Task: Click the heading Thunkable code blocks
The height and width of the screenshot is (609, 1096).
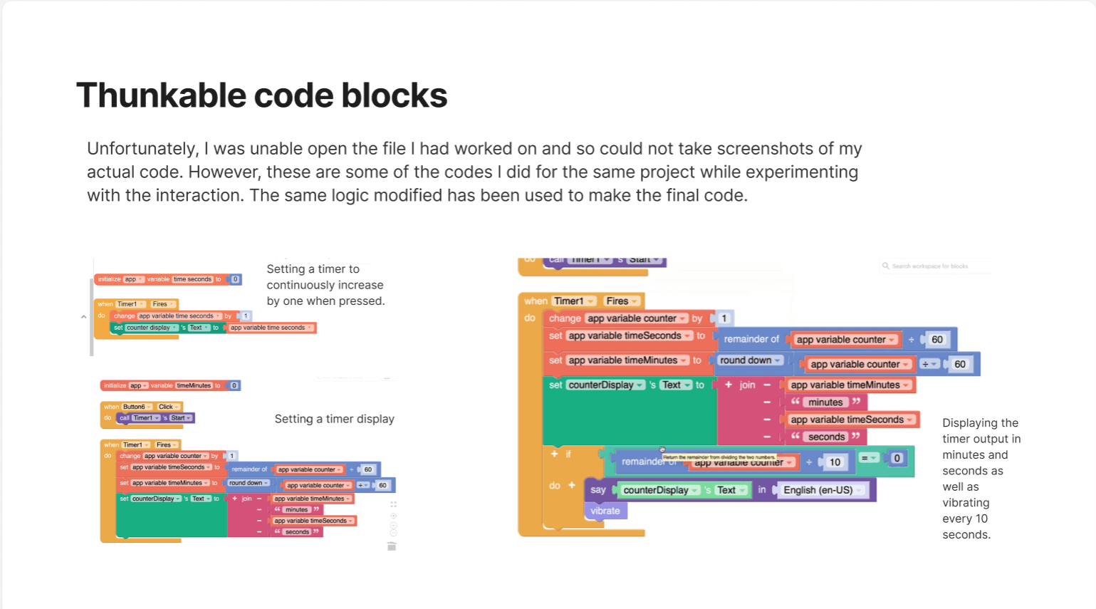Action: pyautogui.click(x=261, y=95)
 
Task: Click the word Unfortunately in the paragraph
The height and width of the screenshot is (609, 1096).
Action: pyautogui.click(x=142, y=149)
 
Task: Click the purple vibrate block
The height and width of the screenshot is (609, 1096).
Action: pyautogui.click(x=605, y=511)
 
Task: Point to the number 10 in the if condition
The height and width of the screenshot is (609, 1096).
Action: pyautogui.click(x=835, y=462)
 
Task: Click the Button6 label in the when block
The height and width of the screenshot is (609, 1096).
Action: pyautogui.click(x=134, y=407)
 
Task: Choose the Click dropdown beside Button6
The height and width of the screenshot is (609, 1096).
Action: pyautogui.click(x=167, y=407)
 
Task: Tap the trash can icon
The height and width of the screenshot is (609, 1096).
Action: pyautogui.click(x=392, y=546)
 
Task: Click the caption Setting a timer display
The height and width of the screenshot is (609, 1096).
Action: pyautogui.click(x=334, y=419)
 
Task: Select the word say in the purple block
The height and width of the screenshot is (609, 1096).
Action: pyautogui.click(x=598, y=490)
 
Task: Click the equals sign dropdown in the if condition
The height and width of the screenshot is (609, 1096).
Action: pyautogui.click(x=868, y=459)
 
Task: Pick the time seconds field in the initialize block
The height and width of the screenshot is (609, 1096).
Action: pyautogui.click(x=193, y=279)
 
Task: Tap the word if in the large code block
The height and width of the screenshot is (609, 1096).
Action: pyautogui.click(x=568, y=454)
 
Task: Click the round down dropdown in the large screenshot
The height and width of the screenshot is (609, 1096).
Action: pyautogui.click(x=749, y=360)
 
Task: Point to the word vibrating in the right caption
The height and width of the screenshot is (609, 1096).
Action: pyautogui.click(x=966, y=503)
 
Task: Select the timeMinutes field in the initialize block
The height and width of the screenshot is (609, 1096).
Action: pyautogui.click(x=194, y=385)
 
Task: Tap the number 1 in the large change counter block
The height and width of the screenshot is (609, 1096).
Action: pyautogui.click(x=724, y=318)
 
